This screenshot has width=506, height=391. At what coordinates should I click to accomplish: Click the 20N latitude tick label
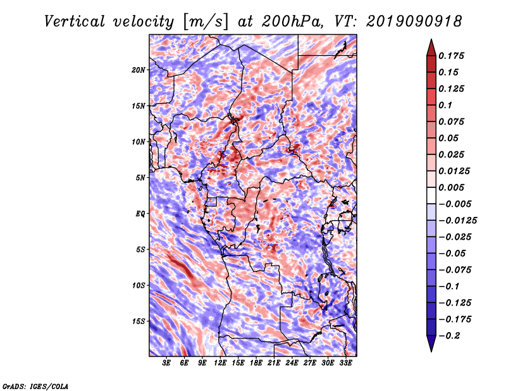139,70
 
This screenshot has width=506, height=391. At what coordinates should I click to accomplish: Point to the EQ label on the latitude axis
140,214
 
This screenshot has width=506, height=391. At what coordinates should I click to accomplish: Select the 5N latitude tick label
140,178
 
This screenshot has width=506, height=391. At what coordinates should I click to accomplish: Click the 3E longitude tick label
166,363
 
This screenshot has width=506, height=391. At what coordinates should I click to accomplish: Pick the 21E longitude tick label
274,363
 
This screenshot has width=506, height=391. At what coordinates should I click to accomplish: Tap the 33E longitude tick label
345,363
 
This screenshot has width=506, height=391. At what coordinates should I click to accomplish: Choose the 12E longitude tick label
219,363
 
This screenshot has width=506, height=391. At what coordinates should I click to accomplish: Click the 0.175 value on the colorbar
451,56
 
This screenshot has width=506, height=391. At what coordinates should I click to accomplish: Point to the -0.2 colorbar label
449,336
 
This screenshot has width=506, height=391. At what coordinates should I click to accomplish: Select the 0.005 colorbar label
451,187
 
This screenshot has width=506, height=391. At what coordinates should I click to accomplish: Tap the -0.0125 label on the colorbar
457,221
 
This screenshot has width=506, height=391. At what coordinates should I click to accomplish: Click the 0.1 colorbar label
445,105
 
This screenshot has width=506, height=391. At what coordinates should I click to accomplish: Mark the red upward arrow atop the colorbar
431,47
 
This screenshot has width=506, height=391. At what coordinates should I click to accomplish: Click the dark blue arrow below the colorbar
431,344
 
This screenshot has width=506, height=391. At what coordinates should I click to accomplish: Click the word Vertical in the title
75,22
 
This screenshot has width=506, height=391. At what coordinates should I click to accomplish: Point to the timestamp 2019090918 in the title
414,22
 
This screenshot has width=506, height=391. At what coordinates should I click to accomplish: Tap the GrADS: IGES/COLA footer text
35,387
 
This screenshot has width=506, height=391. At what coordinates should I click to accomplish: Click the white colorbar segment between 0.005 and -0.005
431,195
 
